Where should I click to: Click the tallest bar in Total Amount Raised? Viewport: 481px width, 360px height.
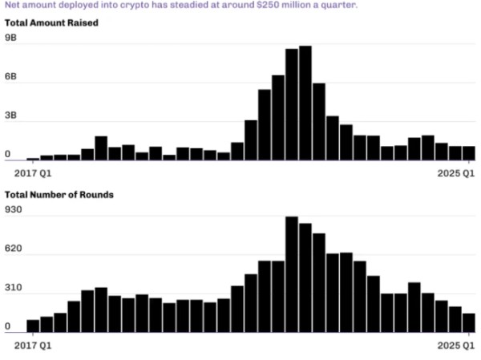[x=305, y=103]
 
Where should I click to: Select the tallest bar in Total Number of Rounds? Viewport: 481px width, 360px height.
[x=292, y=274]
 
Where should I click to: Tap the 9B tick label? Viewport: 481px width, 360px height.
[x=10, y=38]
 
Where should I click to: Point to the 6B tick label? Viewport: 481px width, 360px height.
[x=10, y=76]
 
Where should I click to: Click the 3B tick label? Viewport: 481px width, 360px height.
[x=10, y=115]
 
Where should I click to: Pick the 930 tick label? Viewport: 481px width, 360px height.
[x=13, y=209]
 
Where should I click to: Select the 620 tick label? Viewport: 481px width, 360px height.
[x=13, y=249]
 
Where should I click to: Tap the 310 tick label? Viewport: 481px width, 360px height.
[x=13, y=288]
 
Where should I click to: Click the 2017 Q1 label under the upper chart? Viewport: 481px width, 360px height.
[x=33, y=173]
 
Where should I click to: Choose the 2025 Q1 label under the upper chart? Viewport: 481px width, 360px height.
[x=456, y=173]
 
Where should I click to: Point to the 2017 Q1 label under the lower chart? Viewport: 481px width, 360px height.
[x=33, y=346]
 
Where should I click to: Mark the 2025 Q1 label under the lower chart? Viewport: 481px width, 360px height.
[x=456, y=346]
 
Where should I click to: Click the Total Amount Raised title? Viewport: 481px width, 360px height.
[x=51, y=23]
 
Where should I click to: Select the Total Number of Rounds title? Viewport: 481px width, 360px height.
[x=59, y=195]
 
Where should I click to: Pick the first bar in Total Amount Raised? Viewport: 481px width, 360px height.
[x=33, y=159]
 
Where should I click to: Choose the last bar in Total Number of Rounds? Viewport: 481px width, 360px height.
[x=469, y=323]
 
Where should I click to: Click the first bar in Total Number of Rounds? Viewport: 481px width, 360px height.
[x=33, y=326]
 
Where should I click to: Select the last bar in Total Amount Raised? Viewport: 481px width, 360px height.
[x=469, y=153]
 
